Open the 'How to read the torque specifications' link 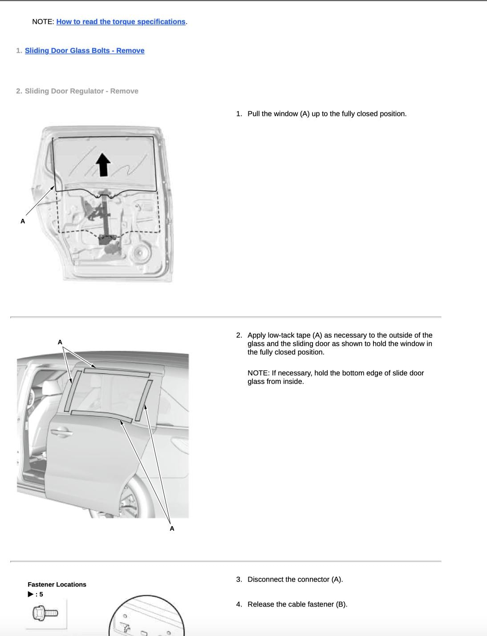click(121, 22)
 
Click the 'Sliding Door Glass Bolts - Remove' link click(85, 51)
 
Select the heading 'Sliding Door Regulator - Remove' click(81, 91)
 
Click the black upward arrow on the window click(103, 165)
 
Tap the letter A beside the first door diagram click(23, 221)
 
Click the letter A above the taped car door click(60, 342)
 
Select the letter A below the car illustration click(172, 528)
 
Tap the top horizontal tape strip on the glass click(117, 372)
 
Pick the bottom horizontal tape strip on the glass click(101, 416)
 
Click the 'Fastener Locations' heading click(57, 584)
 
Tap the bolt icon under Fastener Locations click(45, 613)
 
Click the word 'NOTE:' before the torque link click(43, 22)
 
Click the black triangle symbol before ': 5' click(31, 594)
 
